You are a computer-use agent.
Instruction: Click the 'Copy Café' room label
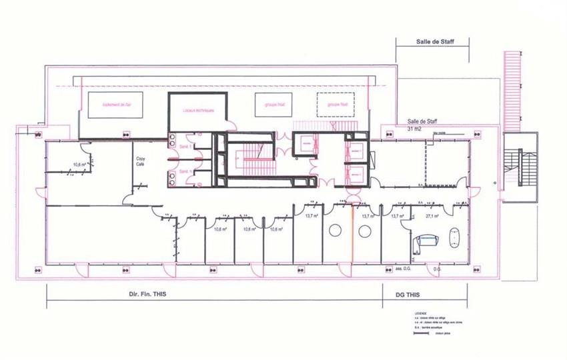[141, 161]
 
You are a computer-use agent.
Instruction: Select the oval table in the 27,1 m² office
[456, 237]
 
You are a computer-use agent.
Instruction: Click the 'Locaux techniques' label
[197, 110]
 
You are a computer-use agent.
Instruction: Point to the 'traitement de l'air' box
[119, 105]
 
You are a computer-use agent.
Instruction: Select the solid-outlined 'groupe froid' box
[274, 105]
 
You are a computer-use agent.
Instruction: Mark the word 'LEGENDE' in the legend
[420, 312]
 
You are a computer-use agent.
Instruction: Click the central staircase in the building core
[250, 159]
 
